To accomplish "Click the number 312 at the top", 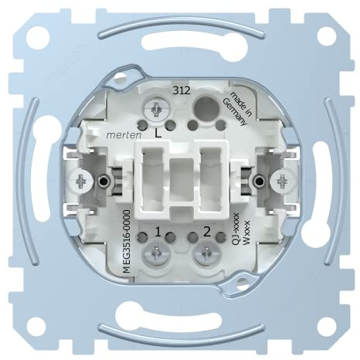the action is [x=182, y=90].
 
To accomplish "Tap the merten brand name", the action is [x=124, y=135].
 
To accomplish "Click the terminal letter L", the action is [x=158, y=133].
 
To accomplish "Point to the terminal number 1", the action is [x=158, y=233].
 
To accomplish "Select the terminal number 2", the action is [x=207, y=232].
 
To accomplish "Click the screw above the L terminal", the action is [x=157, y=109].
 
